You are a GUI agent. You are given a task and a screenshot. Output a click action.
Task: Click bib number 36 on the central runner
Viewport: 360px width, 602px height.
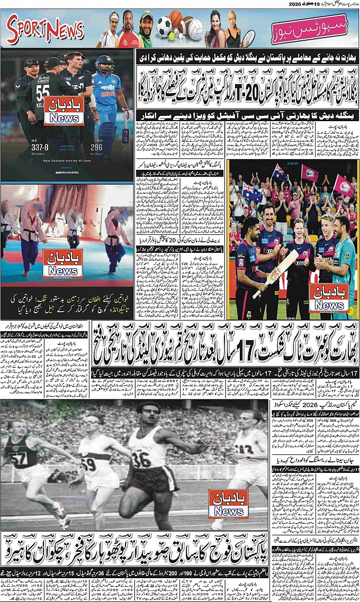click(140, 459)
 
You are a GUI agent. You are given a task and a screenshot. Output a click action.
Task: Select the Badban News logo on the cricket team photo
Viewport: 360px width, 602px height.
click(329, 298)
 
